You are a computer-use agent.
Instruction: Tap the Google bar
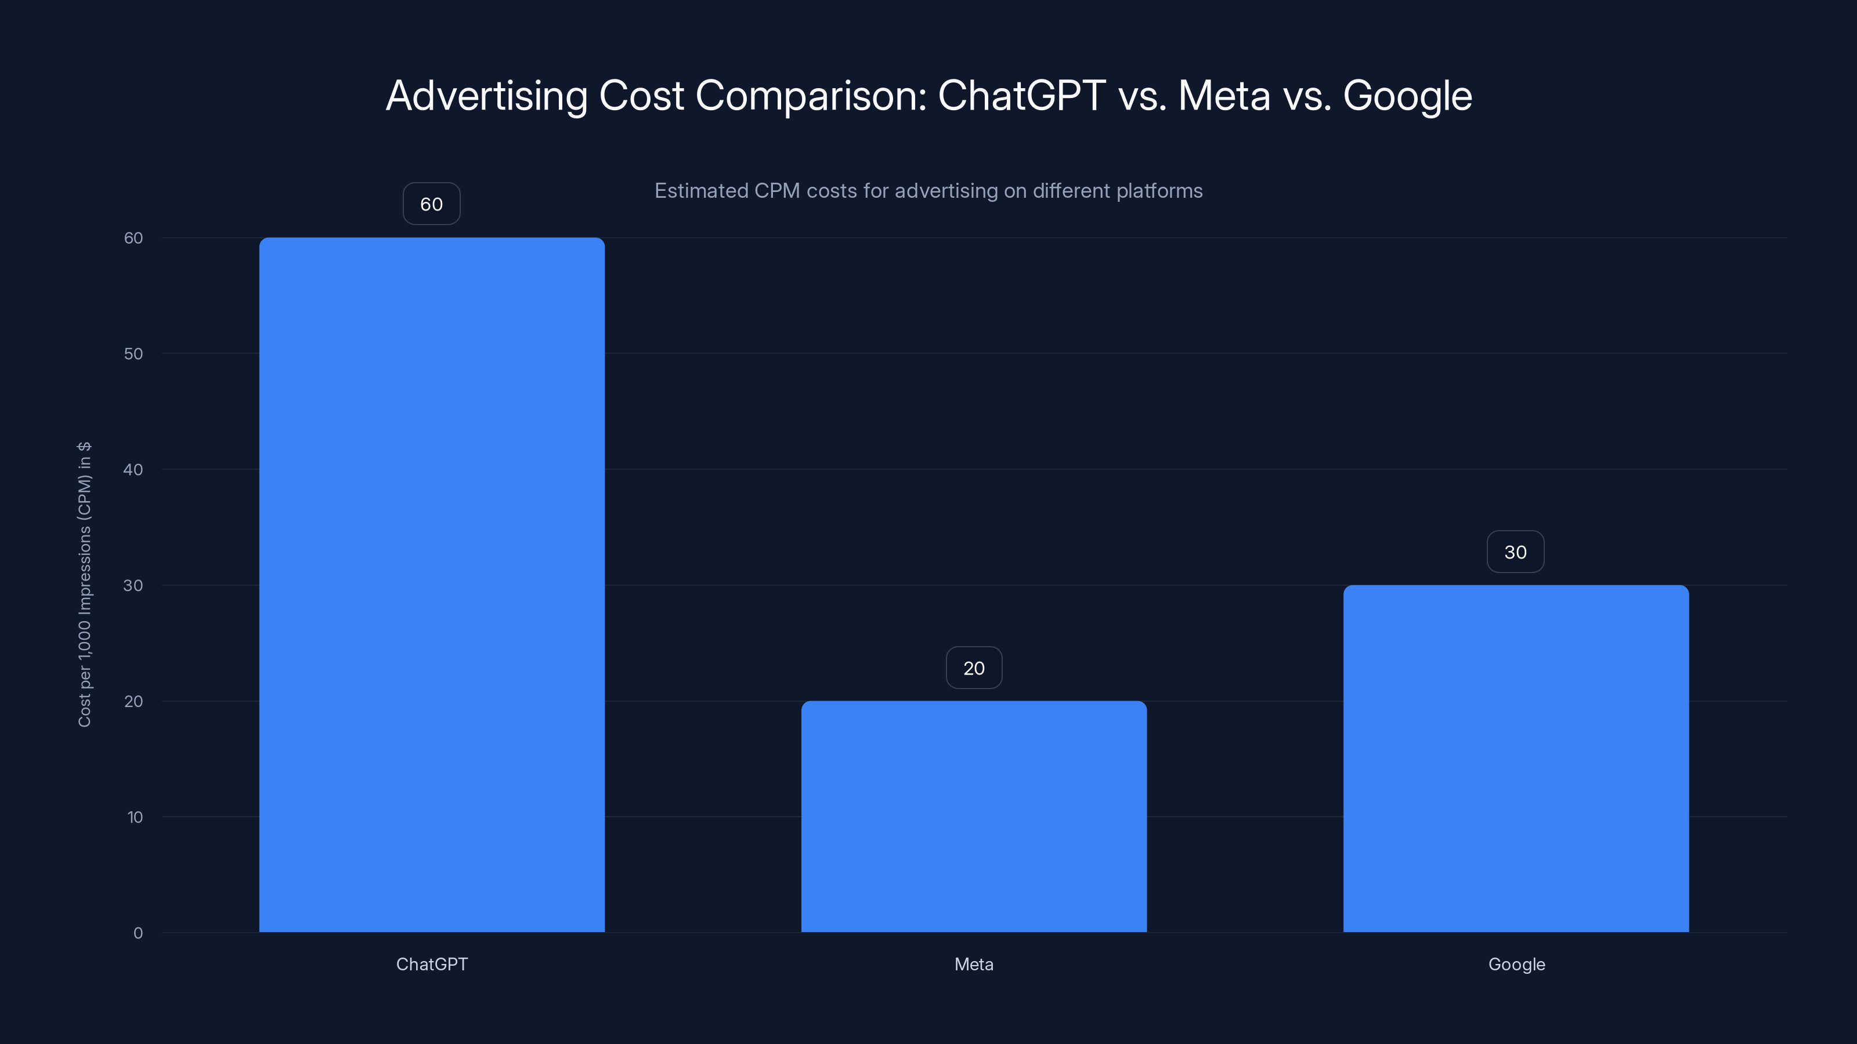coord(1515,758)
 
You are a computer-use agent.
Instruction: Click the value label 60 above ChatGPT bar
coord(431,204)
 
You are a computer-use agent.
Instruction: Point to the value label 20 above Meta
coord(974,668)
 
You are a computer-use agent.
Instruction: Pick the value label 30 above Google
coord(1515,552)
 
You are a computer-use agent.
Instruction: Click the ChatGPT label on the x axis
coord(432,964)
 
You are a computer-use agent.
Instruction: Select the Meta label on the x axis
coord(974,964)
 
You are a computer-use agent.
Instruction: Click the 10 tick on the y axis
coord(135,817)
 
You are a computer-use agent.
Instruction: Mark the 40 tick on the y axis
coord(133,470)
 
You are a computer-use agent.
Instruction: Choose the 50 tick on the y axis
coord(133,354)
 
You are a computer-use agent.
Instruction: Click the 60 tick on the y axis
coord(133,238)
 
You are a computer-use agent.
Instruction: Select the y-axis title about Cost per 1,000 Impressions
coord(84,584)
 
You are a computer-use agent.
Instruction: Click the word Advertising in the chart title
coord(487,96)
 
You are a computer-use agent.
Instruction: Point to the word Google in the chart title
coord(1407,96)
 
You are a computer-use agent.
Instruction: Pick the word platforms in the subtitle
coord(1160,191)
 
